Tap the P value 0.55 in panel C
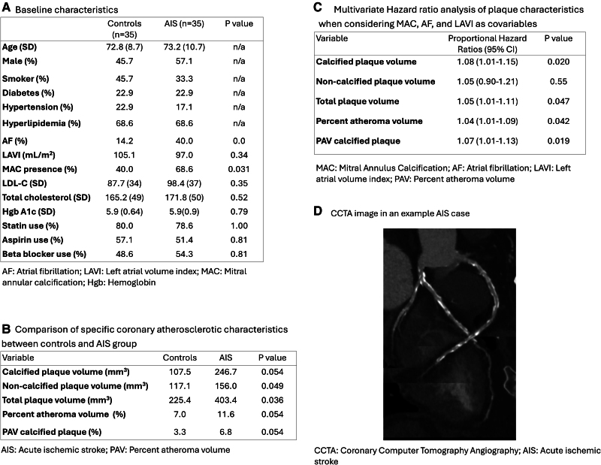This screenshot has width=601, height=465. pos(557,81)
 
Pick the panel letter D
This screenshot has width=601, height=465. pos(318,213)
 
